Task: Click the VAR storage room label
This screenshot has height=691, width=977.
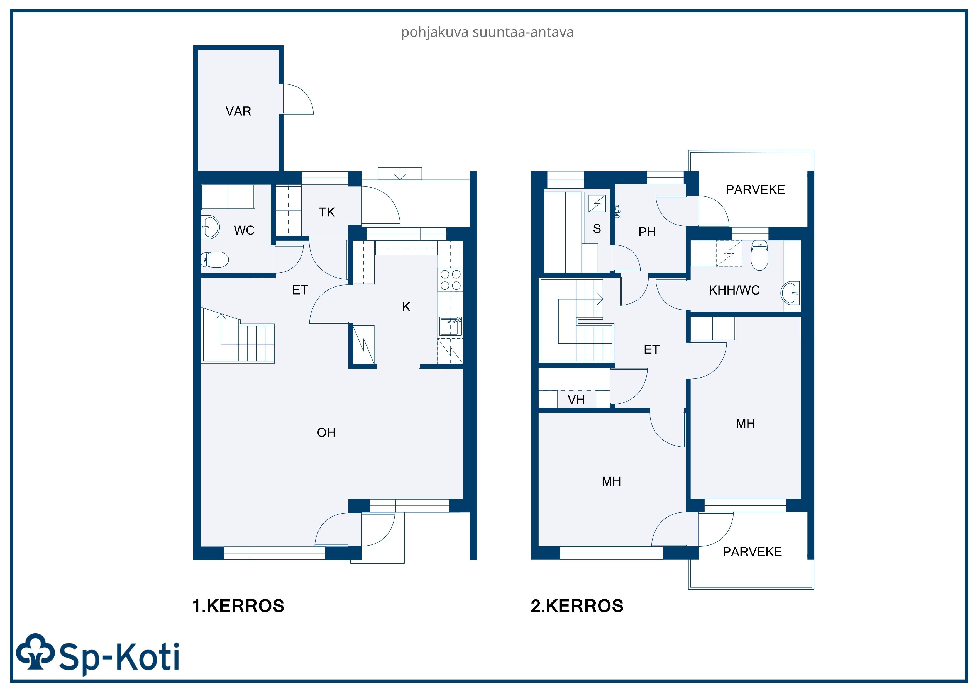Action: [x=238, y=111]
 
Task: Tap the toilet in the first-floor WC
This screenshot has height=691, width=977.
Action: [x=215, y=259]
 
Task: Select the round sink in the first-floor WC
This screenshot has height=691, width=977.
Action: [x=210, y=227]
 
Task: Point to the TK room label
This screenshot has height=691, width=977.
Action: [x=327, y=212]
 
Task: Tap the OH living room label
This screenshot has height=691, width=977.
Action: [x=326, y=432]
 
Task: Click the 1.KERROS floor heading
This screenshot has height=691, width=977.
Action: [x=238, y=606]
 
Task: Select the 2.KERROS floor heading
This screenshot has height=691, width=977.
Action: [x=577, y=606]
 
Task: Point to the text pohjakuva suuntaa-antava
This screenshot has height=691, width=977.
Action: [x=487, y=32]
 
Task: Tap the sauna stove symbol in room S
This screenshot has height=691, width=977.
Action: [x=597, y=203]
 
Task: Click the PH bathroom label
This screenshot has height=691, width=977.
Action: [x=647, y=232]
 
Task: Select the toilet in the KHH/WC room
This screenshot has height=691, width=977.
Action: [x=759, y=256]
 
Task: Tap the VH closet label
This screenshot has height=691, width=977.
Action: [x=576, y=400]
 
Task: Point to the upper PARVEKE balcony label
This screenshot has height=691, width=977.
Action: [x=755, y=189]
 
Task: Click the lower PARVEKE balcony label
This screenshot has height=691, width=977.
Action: [x=752, y=552]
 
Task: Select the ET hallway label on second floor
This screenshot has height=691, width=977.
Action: [x=651, y=350]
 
